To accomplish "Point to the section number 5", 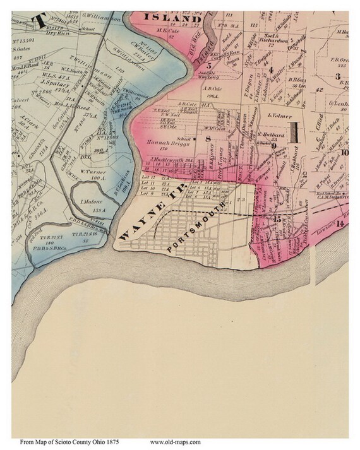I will point(208,64).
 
